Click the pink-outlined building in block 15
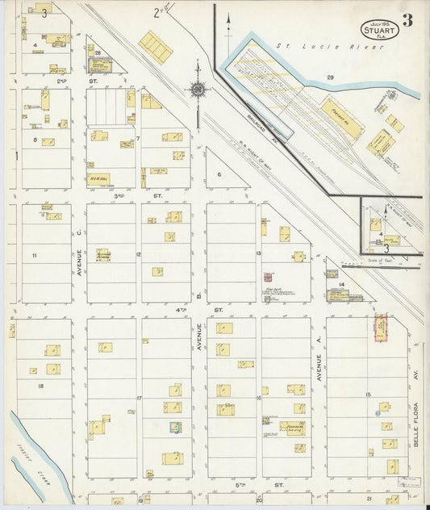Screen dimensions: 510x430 click(x=380, y=328)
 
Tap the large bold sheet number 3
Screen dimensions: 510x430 click(x=408, y=21)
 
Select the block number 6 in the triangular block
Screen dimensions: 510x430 click(x=219, y=173)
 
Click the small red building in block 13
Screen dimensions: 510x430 click(x=268, y=277)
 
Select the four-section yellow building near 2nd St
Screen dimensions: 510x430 click(x=155, y=48)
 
